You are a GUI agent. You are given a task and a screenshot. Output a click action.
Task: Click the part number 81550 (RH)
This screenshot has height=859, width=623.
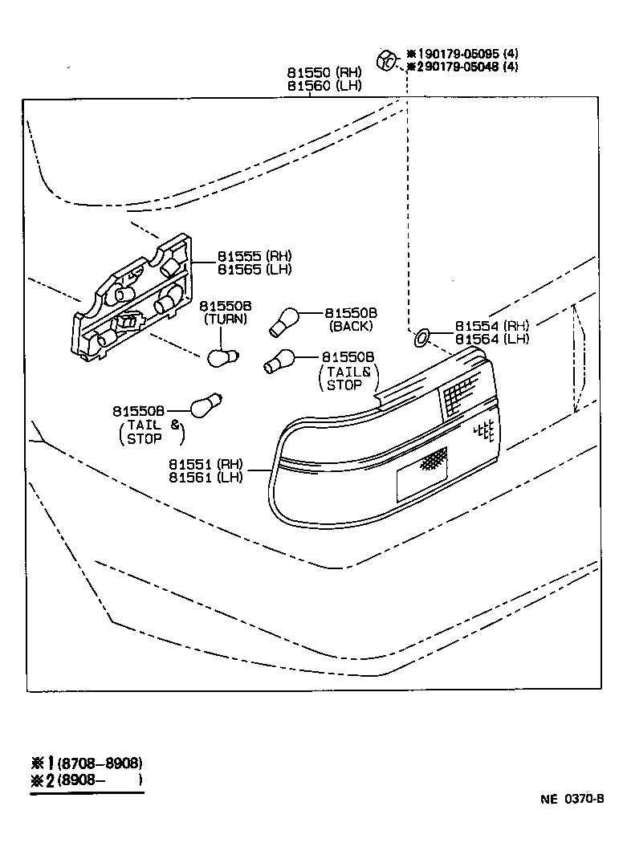[x=314, y=71]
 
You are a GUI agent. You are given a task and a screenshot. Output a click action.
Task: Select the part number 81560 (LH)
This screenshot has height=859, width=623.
[x=314, y=84]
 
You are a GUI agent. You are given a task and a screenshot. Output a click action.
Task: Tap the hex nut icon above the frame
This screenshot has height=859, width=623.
[x=385, y=59]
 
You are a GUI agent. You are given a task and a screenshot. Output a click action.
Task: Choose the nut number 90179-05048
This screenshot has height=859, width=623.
[x=455, y=67]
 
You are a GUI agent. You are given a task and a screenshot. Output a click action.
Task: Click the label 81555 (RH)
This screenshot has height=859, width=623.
[x=254, y=256]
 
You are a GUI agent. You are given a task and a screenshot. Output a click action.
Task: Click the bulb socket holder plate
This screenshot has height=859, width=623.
[x=133, y=302]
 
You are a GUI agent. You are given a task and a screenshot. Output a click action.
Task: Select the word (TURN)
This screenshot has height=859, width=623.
[x=226, y=319]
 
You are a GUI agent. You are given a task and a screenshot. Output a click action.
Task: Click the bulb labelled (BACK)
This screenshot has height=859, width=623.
[x=284, y=322]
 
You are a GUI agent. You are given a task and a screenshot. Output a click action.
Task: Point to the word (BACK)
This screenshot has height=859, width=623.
[x=351, y=327]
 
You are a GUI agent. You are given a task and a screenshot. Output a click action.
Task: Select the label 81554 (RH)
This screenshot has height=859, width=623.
[x=492, y=326]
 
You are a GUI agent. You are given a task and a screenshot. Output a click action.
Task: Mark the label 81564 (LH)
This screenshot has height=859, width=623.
[x=492, y=339]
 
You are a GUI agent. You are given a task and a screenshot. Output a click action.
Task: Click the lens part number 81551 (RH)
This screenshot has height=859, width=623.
[x=206, y=464]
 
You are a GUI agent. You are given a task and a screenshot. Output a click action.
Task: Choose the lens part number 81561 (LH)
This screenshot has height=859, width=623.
[x=206, y=477]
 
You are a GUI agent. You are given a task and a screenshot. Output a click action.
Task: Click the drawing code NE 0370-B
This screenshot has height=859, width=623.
[x=571, y=799]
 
